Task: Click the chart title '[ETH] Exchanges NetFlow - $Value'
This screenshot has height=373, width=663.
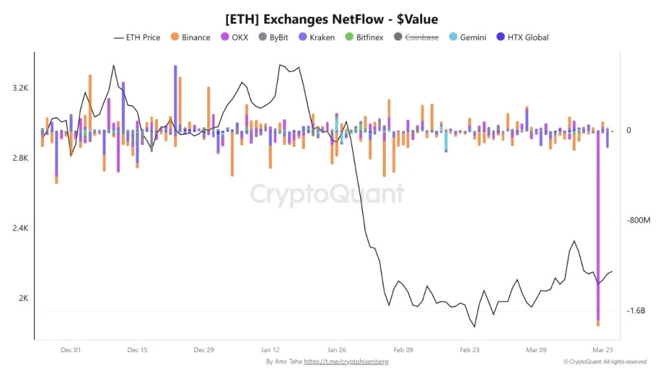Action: (x=331, y=19)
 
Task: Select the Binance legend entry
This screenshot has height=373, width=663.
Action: (x=190, y=38)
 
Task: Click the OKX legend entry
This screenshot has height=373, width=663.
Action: (x=234, y=38)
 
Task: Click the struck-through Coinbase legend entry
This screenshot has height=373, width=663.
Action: (x=416, y=38)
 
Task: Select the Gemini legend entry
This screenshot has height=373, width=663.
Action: (x=467, y=38)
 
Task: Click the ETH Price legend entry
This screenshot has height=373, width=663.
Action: (x=137, y=38)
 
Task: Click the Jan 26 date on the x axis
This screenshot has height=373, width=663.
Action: (x=337, y=350)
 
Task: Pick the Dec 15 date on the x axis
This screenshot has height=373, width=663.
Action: (x=137, y=350)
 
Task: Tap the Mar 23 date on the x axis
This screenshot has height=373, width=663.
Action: (x=603, y=350)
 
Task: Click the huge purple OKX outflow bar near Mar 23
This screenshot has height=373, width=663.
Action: (x=598, y=227)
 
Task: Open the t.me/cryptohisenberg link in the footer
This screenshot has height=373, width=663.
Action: (x=346, y=361)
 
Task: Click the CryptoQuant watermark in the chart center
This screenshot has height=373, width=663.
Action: (x=327, y=194)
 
